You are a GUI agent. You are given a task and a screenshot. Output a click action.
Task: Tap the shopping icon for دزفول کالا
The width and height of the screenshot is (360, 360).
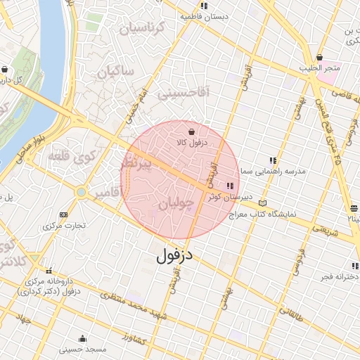(192, 131)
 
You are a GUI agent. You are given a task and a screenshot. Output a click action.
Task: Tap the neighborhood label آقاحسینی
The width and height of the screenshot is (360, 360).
(182, 92)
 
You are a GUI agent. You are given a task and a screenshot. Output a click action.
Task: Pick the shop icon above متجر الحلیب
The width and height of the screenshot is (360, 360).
(320, 57)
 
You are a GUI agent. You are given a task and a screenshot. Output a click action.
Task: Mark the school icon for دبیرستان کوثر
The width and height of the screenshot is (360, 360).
(230, 186)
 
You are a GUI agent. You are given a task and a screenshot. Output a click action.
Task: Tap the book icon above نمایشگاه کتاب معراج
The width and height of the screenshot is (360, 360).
(263, 202)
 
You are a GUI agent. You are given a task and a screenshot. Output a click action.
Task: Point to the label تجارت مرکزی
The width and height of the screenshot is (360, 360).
(64, 226)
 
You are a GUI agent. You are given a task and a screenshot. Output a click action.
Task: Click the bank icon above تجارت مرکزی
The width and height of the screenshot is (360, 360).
(64, 214)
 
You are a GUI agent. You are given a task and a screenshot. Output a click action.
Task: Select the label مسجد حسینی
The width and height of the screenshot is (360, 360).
(82, 349)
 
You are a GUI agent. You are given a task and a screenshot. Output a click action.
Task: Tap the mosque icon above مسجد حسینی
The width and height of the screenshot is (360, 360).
(83, 337)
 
